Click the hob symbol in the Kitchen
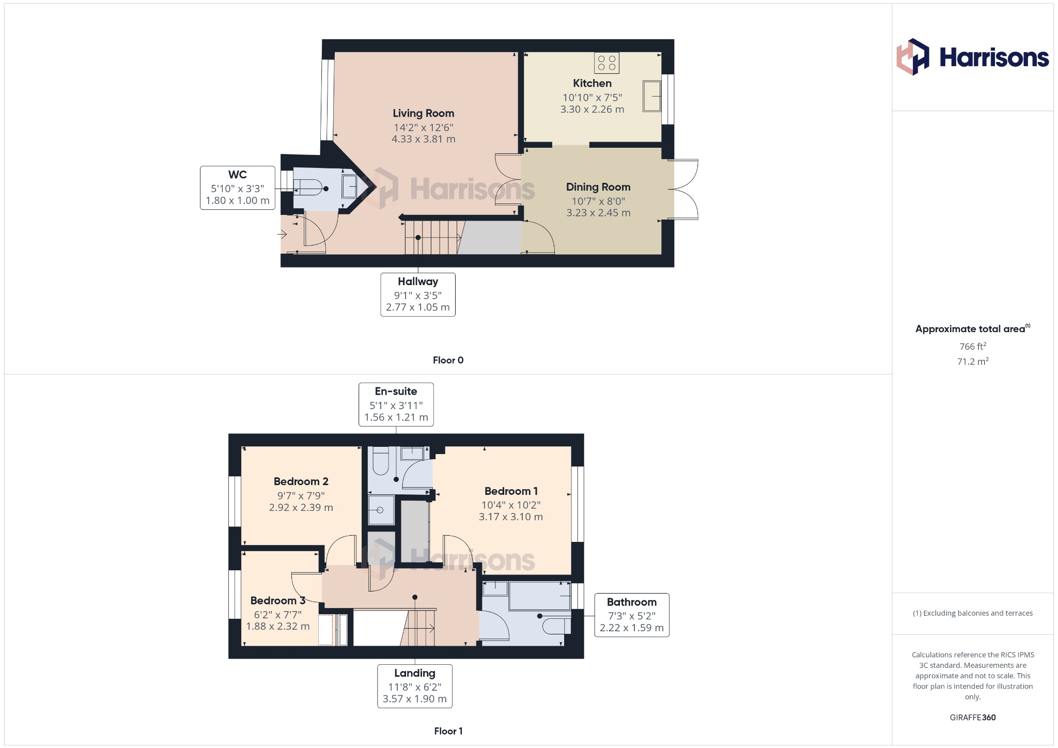click(607, 63)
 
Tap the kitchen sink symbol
click(652, 96)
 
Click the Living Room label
click(423, 113)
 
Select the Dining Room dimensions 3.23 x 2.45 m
click(598, 213)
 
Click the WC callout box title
click(237, 175)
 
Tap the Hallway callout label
click(417, 282)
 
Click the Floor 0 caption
click(448, 360)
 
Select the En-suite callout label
click(396, 392)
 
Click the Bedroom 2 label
click(301, 481)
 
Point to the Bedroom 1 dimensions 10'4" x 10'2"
click(510, 505)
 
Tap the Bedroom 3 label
click(277, 601)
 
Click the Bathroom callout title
click(631, 602)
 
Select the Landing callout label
click(414, 673)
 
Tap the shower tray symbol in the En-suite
click(381, 510)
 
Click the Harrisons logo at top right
click(972, 57)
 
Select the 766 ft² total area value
click(972, 346)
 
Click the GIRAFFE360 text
click(972, 718)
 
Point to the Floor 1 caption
click(448, 731)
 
